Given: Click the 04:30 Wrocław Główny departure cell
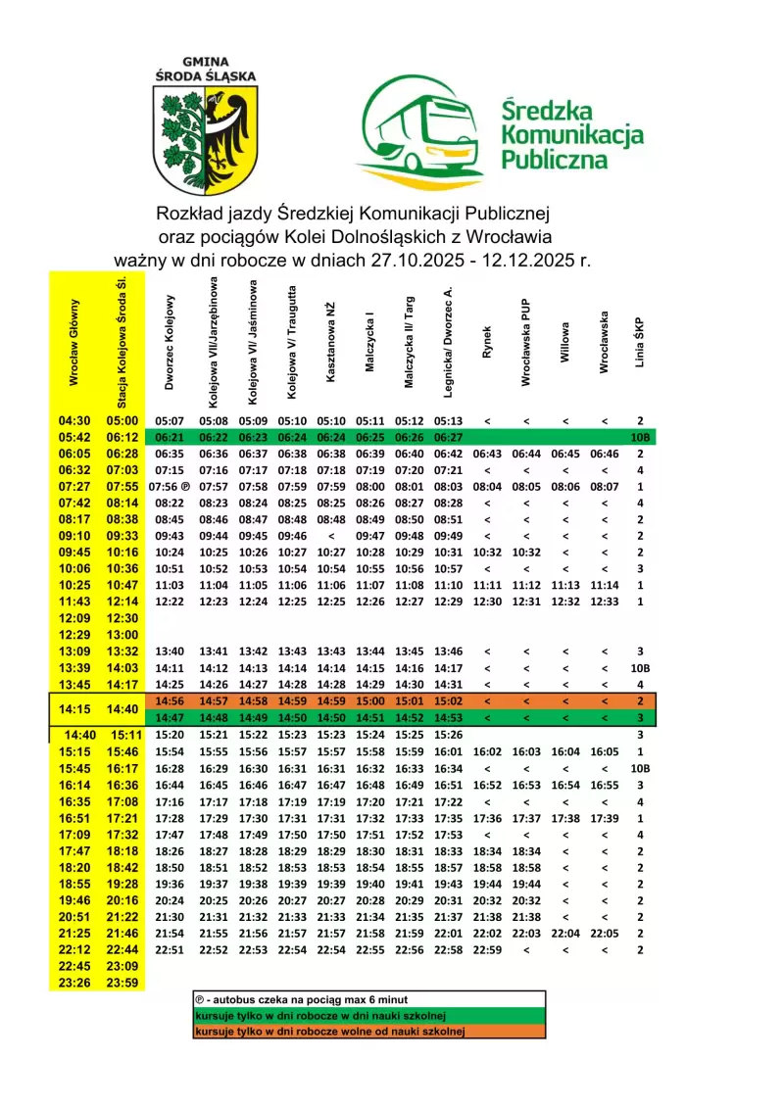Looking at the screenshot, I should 74,420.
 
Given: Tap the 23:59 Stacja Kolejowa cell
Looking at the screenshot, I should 123,984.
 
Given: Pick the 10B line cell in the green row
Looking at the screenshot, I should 640,437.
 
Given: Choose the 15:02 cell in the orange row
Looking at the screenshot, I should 448,701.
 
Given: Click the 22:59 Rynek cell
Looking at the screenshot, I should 487,950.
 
